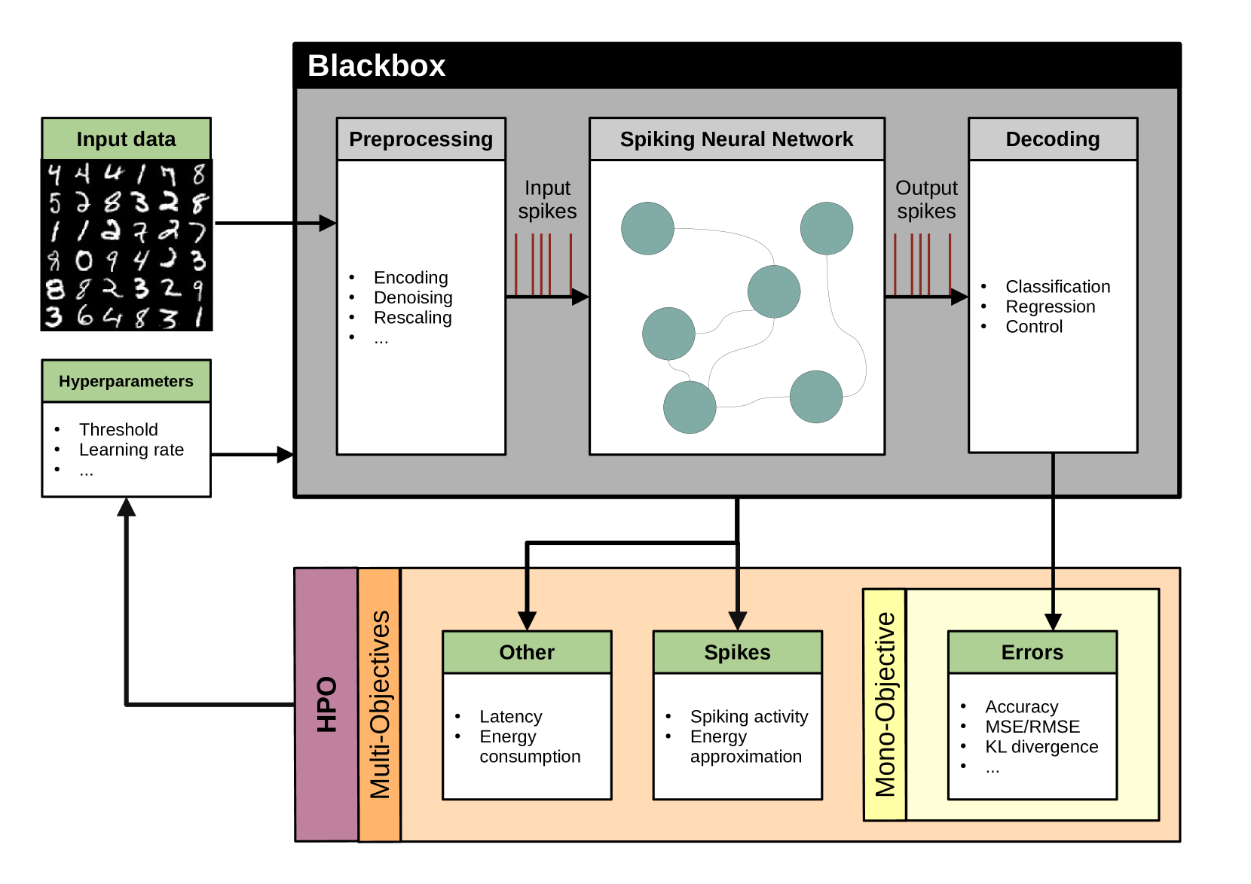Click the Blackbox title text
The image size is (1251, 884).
(x=376, y=66)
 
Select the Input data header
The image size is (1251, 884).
(x=126, y=139)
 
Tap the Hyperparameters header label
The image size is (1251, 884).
(x=126, y=381)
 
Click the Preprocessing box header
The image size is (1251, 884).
(x=421, y=139)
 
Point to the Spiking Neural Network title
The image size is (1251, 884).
(x=736, y=139)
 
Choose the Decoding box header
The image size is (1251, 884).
(x=1052, y=139)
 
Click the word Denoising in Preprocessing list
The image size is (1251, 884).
(x=413, y=298)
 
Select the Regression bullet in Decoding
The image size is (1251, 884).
(x=1050, y=307)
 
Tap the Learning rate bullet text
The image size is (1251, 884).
(x=131, y=450)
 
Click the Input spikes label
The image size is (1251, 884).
(x=547, y=200)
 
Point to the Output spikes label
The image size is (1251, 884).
(x=926, y=200)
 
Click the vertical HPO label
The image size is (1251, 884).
(x=326, y=704)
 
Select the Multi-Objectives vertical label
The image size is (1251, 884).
(x=379, y=704)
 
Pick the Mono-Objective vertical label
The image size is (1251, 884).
(x=885, y=704)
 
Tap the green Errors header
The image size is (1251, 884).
(x=1032, y=652)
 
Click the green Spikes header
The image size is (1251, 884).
(x=737, y=652)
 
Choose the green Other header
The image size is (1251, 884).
(x=527, y=652)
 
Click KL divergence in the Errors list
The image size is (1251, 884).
(x=1041, y=747)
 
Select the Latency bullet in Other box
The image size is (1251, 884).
(x=510, y=717)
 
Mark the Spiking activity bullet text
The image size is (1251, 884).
(x=748, y=717)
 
